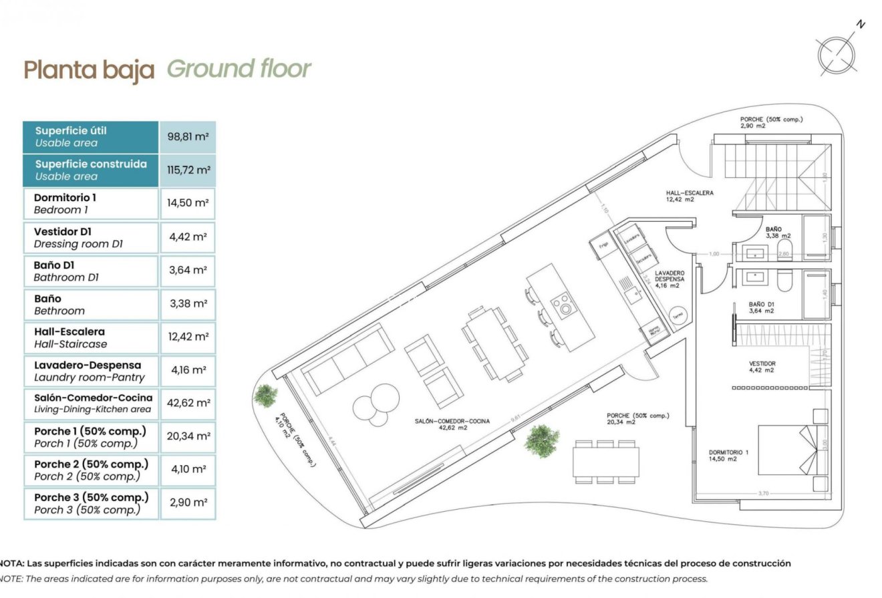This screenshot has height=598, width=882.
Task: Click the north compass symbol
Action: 837,53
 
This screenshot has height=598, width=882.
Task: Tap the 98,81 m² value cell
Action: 188,136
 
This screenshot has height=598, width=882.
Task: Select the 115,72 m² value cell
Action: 188,170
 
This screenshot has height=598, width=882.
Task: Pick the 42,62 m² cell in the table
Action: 188,404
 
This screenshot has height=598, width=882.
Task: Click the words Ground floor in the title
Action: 239,68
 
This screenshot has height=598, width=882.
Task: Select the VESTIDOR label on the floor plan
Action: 762,367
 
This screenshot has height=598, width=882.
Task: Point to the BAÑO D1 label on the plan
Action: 761,307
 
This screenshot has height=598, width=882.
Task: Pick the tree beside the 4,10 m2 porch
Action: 267,395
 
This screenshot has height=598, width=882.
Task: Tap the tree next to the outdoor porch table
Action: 541,440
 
